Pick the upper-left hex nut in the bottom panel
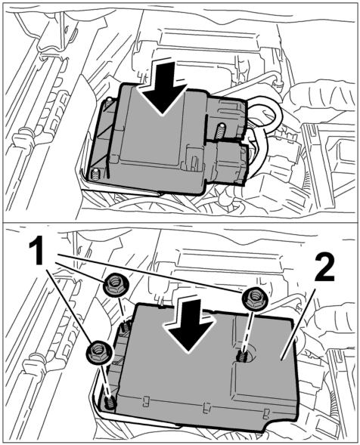click(116, 285)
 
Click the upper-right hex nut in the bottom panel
click(254, 300)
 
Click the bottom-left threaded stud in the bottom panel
click(110, 403)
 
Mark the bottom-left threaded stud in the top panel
click(96, 175)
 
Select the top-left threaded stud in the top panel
click(109, 104)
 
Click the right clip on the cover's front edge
click(266, 414)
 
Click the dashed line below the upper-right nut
click(248, 331)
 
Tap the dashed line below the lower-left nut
click(105, 380)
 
